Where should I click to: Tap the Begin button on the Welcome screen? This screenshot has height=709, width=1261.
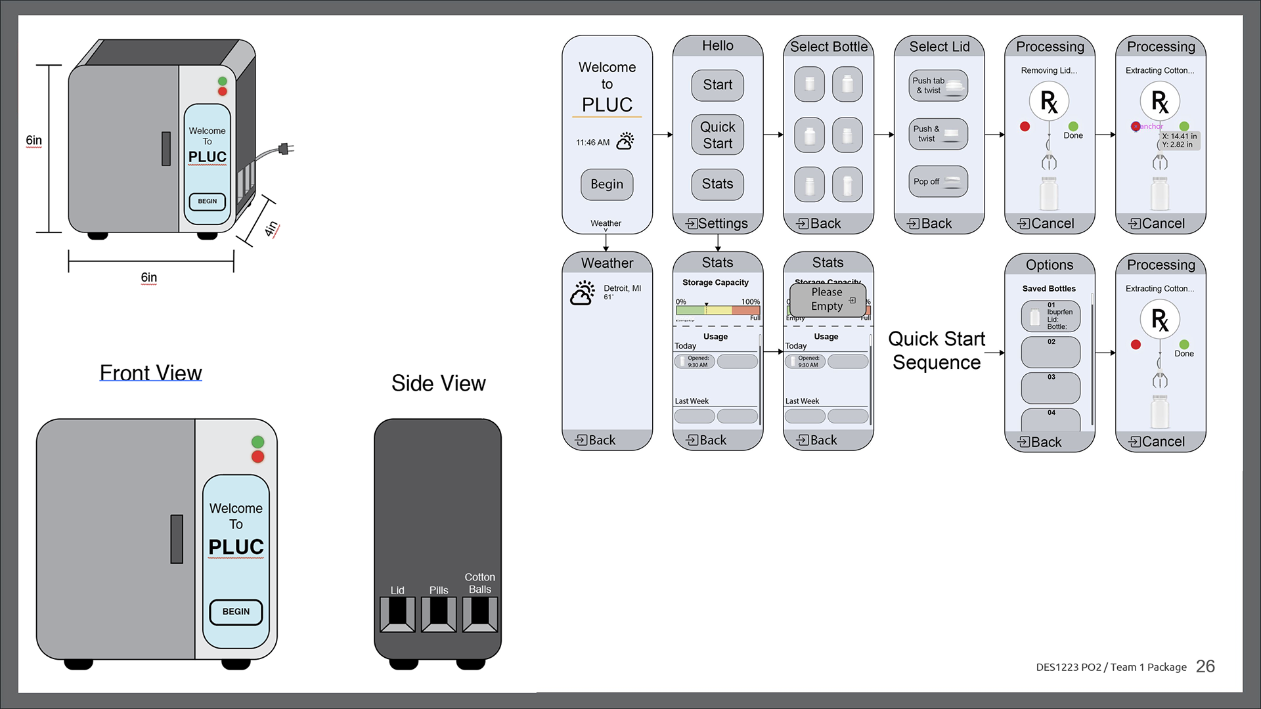coord(607,184)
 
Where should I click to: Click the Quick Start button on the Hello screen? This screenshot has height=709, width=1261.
coord(717,135)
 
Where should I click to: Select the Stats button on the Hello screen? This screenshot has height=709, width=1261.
coord(717,184)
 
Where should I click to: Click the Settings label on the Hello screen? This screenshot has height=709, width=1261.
coord(717,224)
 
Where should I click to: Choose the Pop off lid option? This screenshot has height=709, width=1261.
coord(939,182)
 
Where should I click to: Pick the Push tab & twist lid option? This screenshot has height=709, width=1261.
coord(939,85)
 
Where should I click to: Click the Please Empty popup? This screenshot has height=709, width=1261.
coord(828,299)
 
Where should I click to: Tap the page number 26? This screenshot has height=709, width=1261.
coord(1205,666)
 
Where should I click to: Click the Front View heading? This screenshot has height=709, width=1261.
coord(150,373)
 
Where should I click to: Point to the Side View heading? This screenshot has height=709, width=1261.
coord(438,383)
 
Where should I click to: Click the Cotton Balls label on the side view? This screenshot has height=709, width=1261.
coord(479,583)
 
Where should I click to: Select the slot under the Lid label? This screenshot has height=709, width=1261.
coord(397,614)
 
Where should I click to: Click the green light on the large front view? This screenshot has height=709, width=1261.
coord(257,442)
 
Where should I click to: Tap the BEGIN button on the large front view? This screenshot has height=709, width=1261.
coord(236,612)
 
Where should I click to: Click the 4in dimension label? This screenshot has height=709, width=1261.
coord(271,228)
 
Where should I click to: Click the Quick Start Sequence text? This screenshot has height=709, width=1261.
coord(936,351)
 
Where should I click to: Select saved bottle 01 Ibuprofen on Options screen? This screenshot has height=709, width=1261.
coord(1050,316)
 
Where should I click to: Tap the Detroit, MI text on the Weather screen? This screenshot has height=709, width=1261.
coord(622,288)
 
